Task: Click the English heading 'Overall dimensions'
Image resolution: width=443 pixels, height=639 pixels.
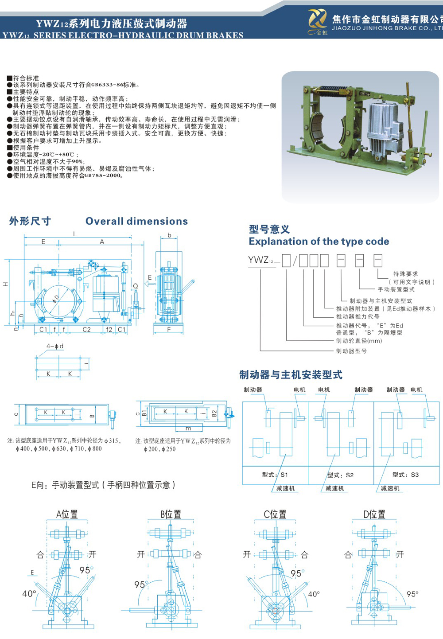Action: pos(136,221)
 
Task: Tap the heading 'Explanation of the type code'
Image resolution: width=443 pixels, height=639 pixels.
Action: pos(319,242)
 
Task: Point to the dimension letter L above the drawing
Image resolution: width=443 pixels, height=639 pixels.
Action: pos(75,234)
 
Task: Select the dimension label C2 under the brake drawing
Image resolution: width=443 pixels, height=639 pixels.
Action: pos(87,330)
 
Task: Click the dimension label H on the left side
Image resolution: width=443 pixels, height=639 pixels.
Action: pos(6,284)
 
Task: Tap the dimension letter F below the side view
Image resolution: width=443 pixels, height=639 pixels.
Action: pos(169,330)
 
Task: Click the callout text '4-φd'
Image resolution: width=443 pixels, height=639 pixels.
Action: pos(55,346)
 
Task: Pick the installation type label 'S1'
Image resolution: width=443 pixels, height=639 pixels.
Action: pos(284,475)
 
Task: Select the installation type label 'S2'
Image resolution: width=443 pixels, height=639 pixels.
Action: pos(350,475)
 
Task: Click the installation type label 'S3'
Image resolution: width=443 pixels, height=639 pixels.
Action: pos(415,475)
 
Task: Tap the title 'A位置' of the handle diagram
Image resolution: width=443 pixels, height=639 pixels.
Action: pos(67,514)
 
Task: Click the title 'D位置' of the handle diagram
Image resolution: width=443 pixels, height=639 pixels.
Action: pos(374,514)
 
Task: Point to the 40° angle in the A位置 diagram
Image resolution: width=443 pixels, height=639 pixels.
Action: pos(29,593)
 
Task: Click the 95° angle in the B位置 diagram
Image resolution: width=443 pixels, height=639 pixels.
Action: pos(140,585)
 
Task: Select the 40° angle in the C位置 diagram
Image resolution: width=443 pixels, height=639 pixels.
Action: pos(314,594)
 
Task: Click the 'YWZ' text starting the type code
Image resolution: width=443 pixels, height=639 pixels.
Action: pos(258,260)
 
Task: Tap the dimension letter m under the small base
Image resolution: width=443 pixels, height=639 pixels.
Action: pos(188,429)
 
